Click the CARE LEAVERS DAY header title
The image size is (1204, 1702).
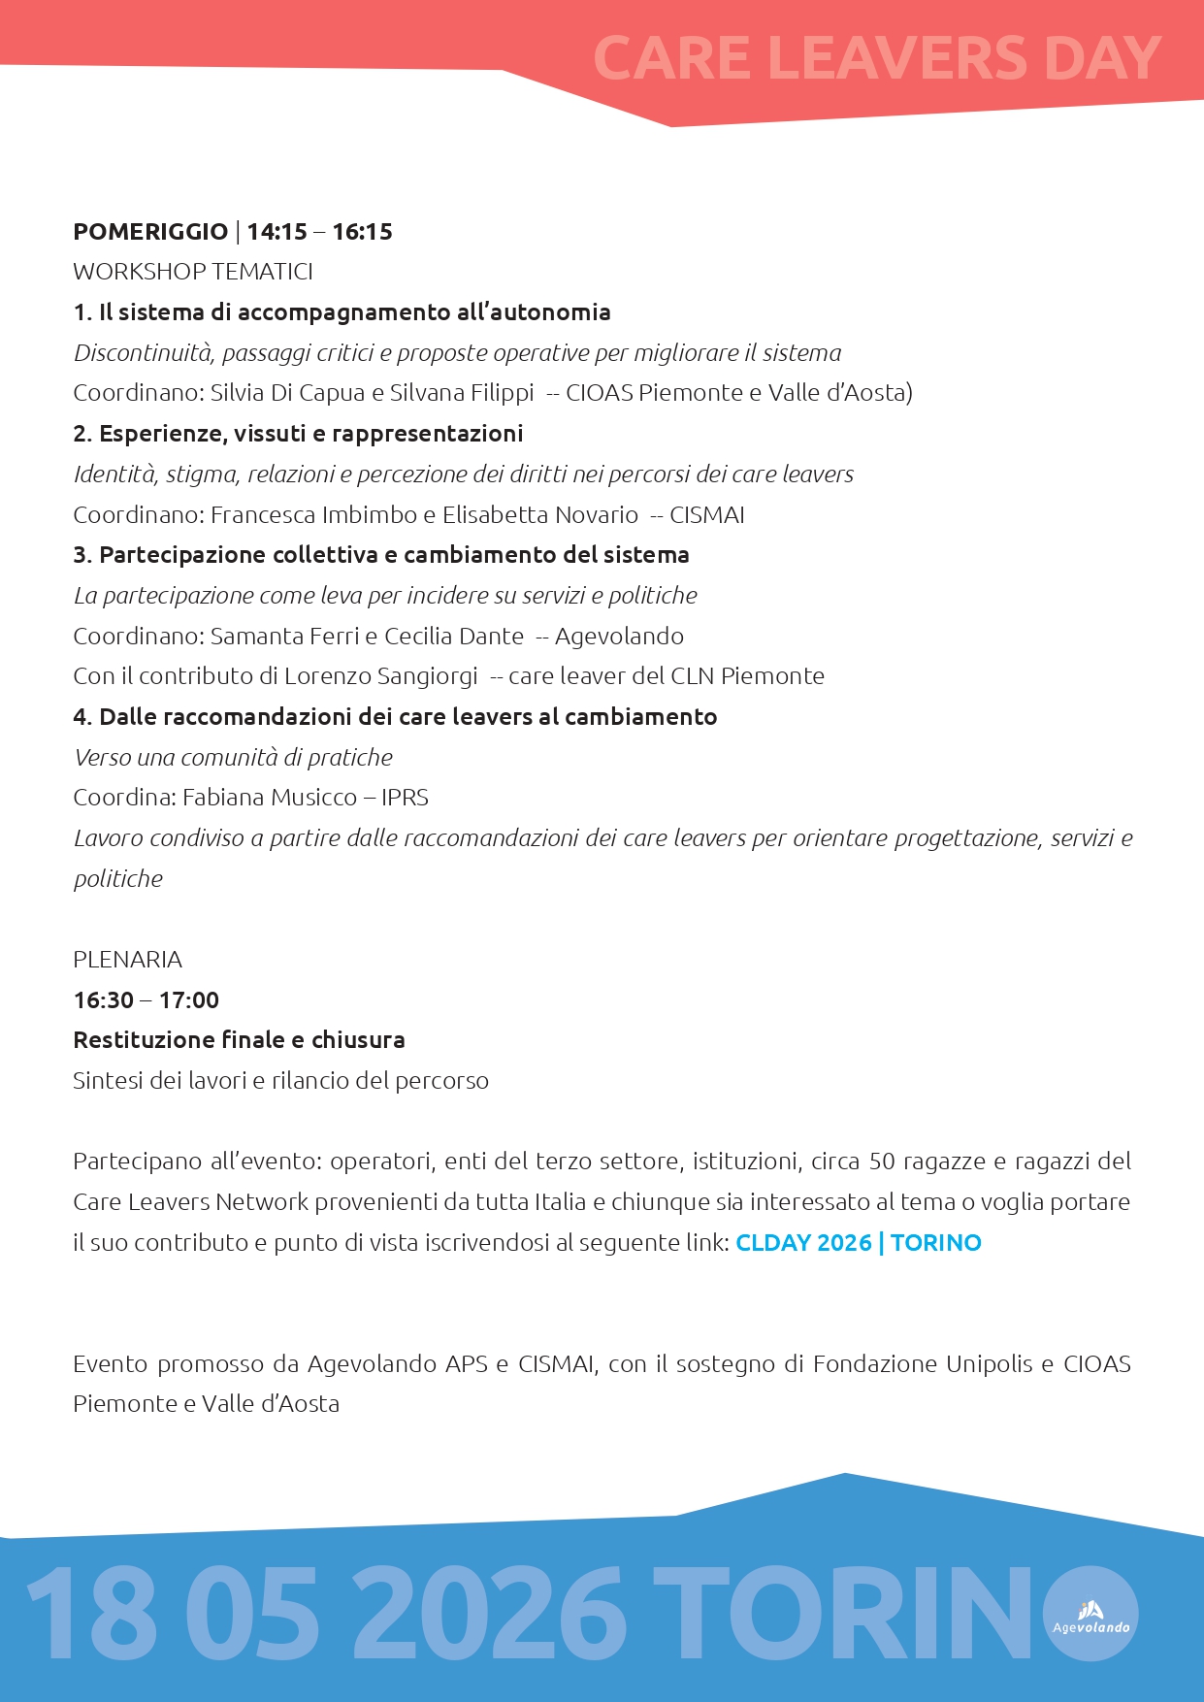click(x=876, y=58)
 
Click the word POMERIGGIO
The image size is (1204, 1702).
click(x=150, y=232)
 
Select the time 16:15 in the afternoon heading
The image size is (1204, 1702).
click(x=362, y=232)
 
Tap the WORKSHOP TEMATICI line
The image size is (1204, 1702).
click(x=193, y=272)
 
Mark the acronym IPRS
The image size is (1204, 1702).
click(x=405, y=798)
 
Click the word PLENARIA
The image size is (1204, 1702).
click(x=127, y=960)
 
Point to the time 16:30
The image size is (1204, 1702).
click(x=104, y=1000)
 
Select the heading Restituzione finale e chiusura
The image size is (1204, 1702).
click(x=239, y=1040)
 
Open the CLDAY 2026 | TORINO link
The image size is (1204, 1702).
click(x=859, y=1243)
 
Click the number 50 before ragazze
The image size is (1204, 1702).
click(x=882, y=1162)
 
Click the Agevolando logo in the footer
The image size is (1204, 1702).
click(x=1091, y=1614)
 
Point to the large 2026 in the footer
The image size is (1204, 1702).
click(x=488, y=1614)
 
